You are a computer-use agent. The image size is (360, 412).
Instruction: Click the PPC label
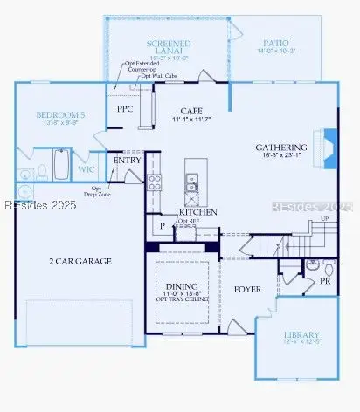pos(126,109)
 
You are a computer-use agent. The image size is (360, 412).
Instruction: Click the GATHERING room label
pos(281,148)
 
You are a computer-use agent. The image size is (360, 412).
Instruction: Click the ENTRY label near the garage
pos(127,161)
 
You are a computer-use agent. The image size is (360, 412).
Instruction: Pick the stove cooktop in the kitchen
pos(155,182)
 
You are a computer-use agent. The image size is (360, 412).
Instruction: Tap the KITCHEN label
pos(197,212)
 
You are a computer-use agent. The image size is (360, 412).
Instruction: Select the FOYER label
pos(248,288)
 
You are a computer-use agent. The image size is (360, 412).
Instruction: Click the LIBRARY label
pos(301,335)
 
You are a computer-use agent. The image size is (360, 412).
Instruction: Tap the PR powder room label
pos(324,281)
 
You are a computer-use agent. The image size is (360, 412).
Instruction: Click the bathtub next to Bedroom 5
pos(61,163)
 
